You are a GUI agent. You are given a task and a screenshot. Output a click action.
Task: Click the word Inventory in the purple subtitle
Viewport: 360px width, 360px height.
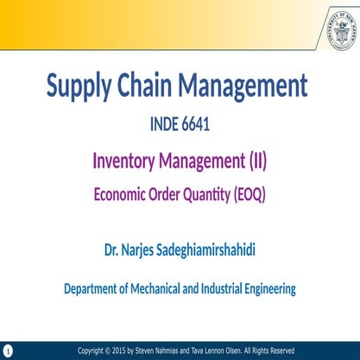(x=127, y=161)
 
